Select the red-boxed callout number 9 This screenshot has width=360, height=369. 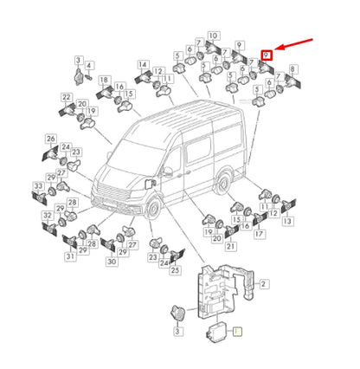pyautogui.click(x=267, y=55)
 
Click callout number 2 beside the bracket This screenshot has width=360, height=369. pyautogui.click(x=264, y=283)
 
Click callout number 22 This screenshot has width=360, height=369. pyautogui.click(x=67, y=97)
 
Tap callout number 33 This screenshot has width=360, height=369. pyautogui.click(x=38, y=186)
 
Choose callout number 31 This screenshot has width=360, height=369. pyautogui.click(x=69, y=256)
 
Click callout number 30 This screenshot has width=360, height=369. pyautogui.click(x=111, y=261)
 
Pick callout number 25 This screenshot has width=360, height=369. pyautogui.click(x=175, y=270)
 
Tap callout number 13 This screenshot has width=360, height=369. pyautogui.click(x=288, y=222)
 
